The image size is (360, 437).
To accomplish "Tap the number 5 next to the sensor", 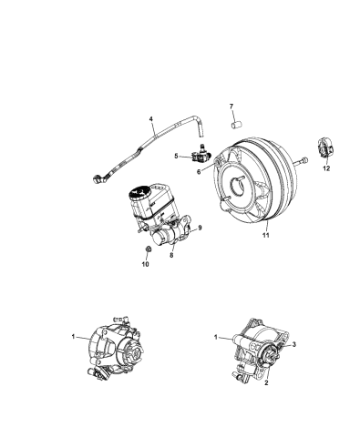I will (178, 156).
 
